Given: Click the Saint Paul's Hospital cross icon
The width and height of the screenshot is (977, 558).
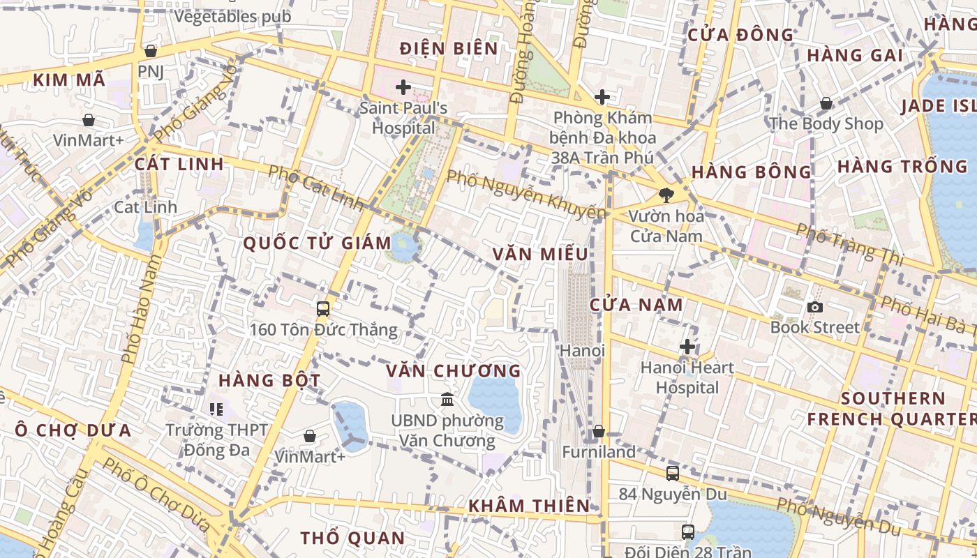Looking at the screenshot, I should point(403,87).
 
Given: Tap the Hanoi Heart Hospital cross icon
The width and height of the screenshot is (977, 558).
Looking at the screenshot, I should point(687,347).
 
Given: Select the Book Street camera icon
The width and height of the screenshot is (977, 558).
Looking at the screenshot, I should point(814,307).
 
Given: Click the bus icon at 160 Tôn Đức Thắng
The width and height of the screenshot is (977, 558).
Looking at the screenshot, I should point(322,308).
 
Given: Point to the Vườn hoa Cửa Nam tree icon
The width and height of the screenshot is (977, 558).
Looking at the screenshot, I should point(666,195).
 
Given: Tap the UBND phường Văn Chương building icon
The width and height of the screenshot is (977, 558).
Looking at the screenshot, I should point(447,400).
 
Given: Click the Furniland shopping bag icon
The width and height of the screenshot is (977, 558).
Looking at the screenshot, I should point(598,432).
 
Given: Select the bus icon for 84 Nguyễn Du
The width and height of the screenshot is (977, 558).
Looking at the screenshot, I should point(672,474).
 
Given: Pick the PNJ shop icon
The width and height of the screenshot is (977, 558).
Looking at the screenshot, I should point(150,51).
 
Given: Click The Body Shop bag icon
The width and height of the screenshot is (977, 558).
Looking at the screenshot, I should point(826,104).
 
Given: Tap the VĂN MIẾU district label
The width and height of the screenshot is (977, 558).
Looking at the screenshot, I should point(540,255).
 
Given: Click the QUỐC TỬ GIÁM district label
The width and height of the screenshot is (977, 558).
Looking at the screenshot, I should point(317,243).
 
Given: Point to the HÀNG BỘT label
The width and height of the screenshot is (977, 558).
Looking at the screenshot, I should point(269,381).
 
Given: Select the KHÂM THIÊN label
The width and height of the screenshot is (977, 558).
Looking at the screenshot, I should point(528,506).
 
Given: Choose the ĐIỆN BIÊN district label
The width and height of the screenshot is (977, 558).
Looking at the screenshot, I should point(449,49).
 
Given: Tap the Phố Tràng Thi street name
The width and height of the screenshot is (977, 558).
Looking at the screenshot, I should point(849,244).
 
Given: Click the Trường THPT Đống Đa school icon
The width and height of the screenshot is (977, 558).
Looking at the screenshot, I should point(216,409).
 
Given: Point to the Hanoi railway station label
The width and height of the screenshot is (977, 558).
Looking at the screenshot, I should point(582,350).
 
